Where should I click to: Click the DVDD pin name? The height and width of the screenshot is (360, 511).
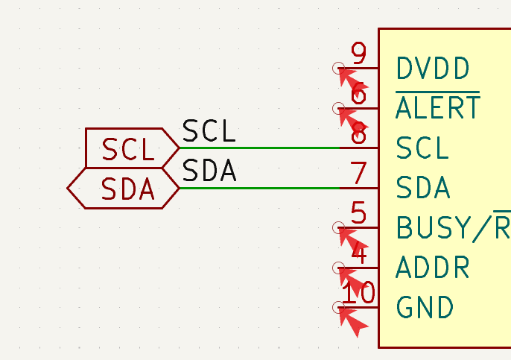point(433,69)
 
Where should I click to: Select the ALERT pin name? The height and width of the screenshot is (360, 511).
point(437,109)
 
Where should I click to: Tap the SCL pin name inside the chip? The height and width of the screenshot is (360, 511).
point(422,148)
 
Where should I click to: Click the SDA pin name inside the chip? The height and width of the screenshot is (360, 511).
point(423,188)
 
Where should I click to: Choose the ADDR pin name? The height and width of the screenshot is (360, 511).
point(433,267)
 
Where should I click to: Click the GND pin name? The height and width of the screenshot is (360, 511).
point(425,307)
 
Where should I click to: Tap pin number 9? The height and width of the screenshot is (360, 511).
point(359,54)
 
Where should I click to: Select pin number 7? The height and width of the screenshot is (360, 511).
point(359,173)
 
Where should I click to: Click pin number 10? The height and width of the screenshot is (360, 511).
point(359,293)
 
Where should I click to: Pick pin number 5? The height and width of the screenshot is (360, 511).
point(359,214)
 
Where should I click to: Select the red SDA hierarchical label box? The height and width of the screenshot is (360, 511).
point(125,188)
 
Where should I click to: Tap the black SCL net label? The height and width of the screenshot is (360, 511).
point(209,132)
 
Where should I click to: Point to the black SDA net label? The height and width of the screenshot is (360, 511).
point(209,171)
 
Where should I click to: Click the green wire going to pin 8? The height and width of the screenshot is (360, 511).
point(261,148)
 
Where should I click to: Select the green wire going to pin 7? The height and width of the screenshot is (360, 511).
point(261,188)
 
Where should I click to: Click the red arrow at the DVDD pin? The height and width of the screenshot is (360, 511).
point(352,78)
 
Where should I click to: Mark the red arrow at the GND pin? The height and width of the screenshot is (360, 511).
point(352,318)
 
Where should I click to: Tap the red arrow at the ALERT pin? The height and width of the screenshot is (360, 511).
point(352,118)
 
